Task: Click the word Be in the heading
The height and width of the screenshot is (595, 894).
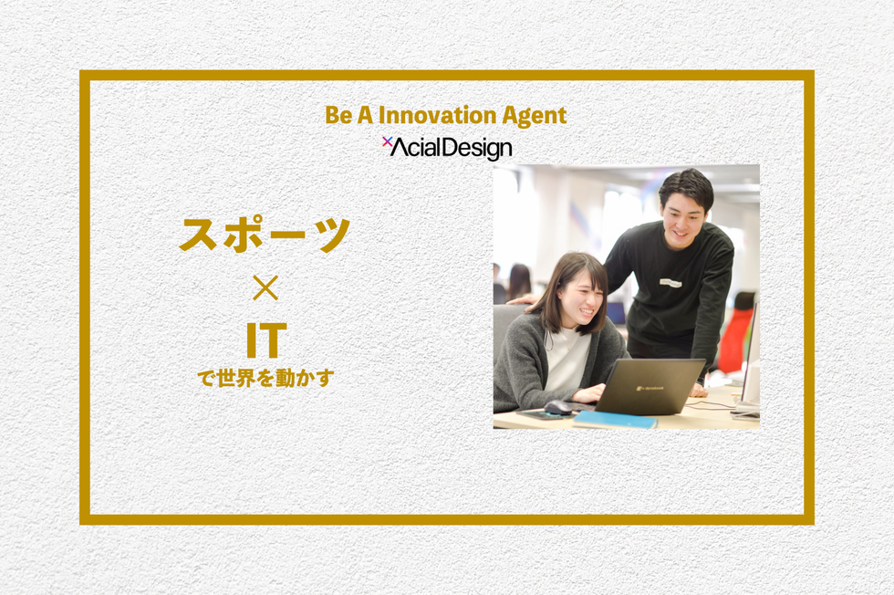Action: coord(338,115)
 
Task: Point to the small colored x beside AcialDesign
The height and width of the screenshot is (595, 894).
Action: coord(387,141)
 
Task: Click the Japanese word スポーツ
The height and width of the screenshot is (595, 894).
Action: coord(265,235)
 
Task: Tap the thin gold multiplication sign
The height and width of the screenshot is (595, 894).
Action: coord(265,288)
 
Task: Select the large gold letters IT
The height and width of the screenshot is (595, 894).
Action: coord(265,340)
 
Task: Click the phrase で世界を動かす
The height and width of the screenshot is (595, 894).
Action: coord(265,378)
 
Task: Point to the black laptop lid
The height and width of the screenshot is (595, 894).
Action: coord(650,386)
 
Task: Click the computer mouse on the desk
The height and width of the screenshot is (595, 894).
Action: coord(557,407)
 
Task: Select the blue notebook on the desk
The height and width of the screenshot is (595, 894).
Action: coord(615,420)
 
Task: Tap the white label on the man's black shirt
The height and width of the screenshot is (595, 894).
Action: coord(671,283)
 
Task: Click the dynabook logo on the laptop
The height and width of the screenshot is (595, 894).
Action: coord(650,389)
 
